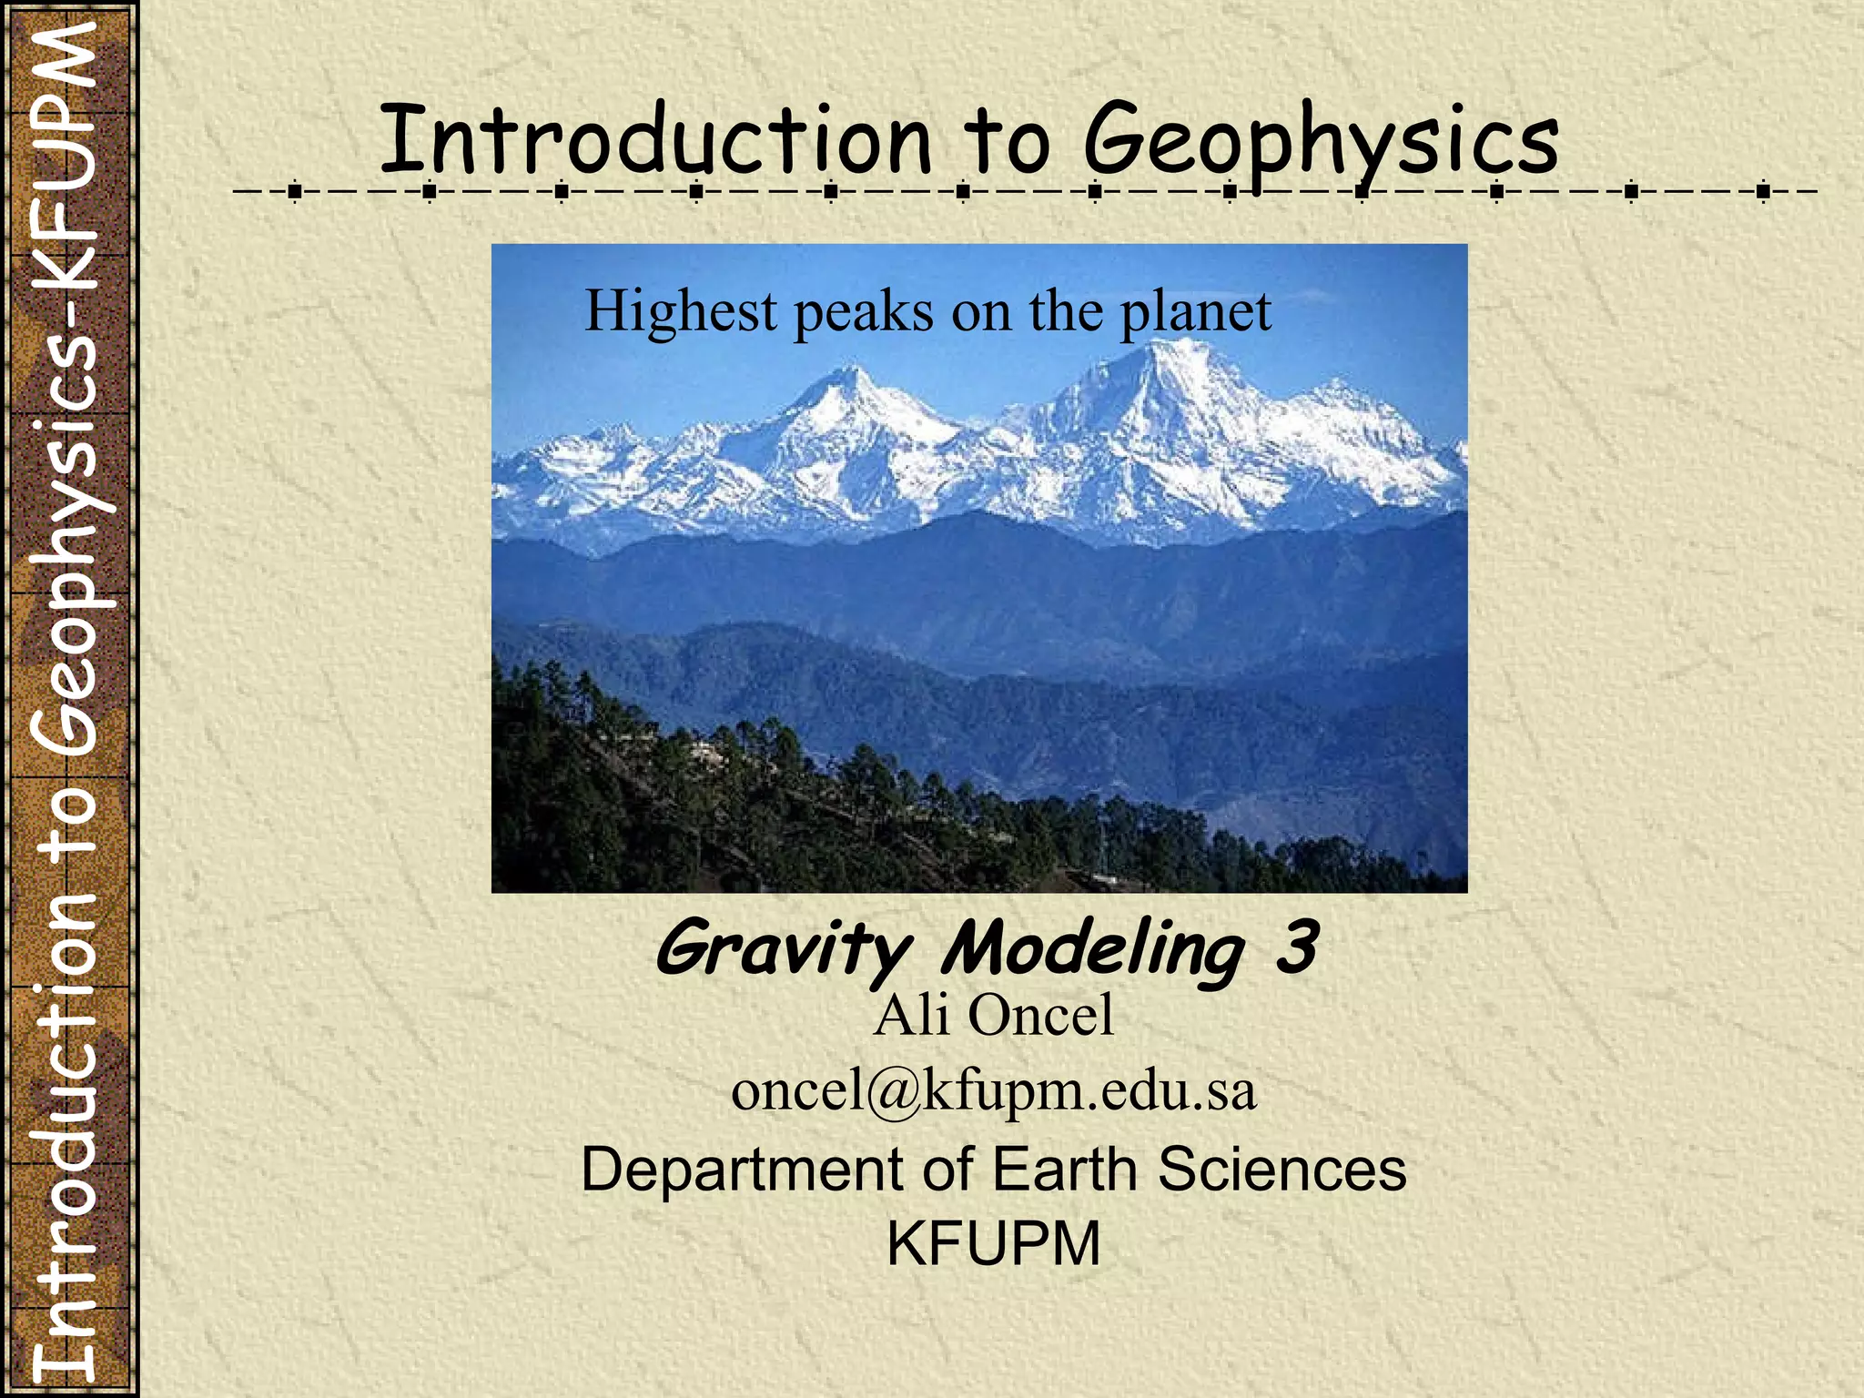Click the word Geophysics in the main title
pyautogui.click(x=1321, y=141)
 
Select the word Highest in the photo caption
pyautogui.click(x=681, y=310)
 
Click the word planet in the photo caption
pyautogui.click(x=1195, y=312)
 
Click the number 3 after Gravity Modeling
pyautogui.click(x=1296, y=947)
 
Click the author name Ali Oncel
pyautogui.click(x=993, y=1015)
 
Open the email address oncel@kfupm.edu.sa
pyautogui.click(x=993, y=1090)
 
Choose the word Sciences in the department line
pyautogui.click(x=1281, y=1169)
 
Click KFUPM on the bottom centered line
pyautogui.click(x=993, y=1243)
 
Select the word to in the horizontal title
pyautogui.click(x=1007, y=141)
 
